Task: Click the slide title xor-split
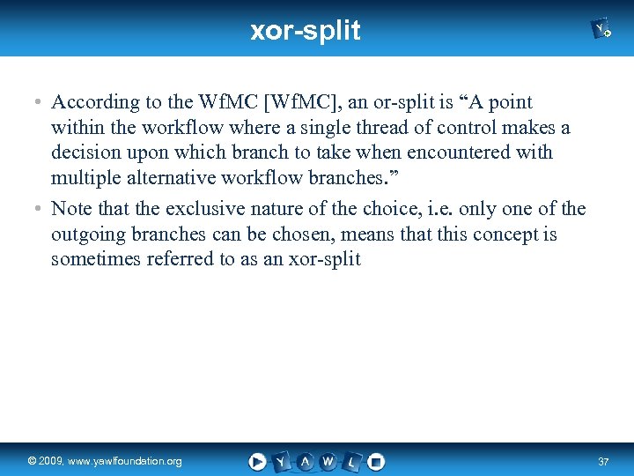(305, 31)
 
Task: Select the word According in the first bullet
(95, 102)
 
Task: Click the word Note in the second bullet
(71, 209)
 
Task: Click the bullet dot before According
(39, 103)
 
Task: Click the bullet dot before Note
(39, 210)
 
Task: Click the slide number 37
(603, 462)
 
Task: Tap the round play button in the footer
(257, 461)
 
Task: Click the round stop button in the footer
(376, 461)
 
